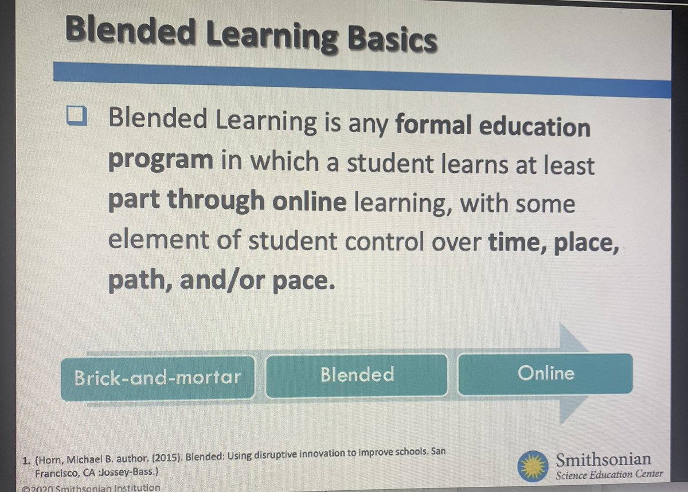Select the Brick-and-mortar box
click(x=157, y=377)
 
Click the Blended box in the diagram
click(x=357, y=375)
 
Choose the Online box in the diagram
click(x=545, y=374)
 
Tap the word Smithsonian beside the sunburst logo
click(x=604, y=459)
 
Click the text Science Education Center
click(x=609, y=474)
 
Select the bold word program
click(x=160, y=161)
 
